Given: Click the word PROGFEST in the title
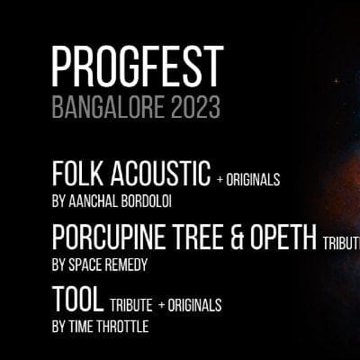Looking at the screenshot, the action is click(138, 67).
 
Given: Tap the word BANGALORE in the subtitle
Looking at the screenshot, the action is click(108, 107).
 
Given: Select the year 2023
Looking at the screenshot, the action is click(195, 107).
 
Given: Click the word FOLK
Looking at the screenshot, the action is click(78, 174).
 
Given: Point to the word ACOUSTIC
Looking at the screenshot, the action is click(160, 174).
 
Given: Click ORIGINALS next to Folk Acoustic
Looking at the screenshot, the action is click(253, 180).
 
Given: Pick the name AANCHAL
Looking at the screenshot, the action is click(93, 202).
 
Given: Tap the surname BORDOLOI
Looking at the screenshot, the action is click(147, 202).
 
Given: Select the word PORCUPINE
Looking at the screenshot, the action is click(109, 238).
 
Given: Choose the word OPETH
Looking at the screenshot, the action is click(283, 238).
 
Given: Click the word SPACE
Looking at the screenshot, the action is click(84, 265).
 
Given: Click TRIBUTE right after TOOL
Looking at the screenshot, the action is click(131, 305).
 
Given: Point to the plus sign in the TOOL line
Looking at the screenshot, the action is click(162, 305).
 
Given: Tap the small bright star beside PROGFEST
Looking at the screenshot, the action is click(337, 81).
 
